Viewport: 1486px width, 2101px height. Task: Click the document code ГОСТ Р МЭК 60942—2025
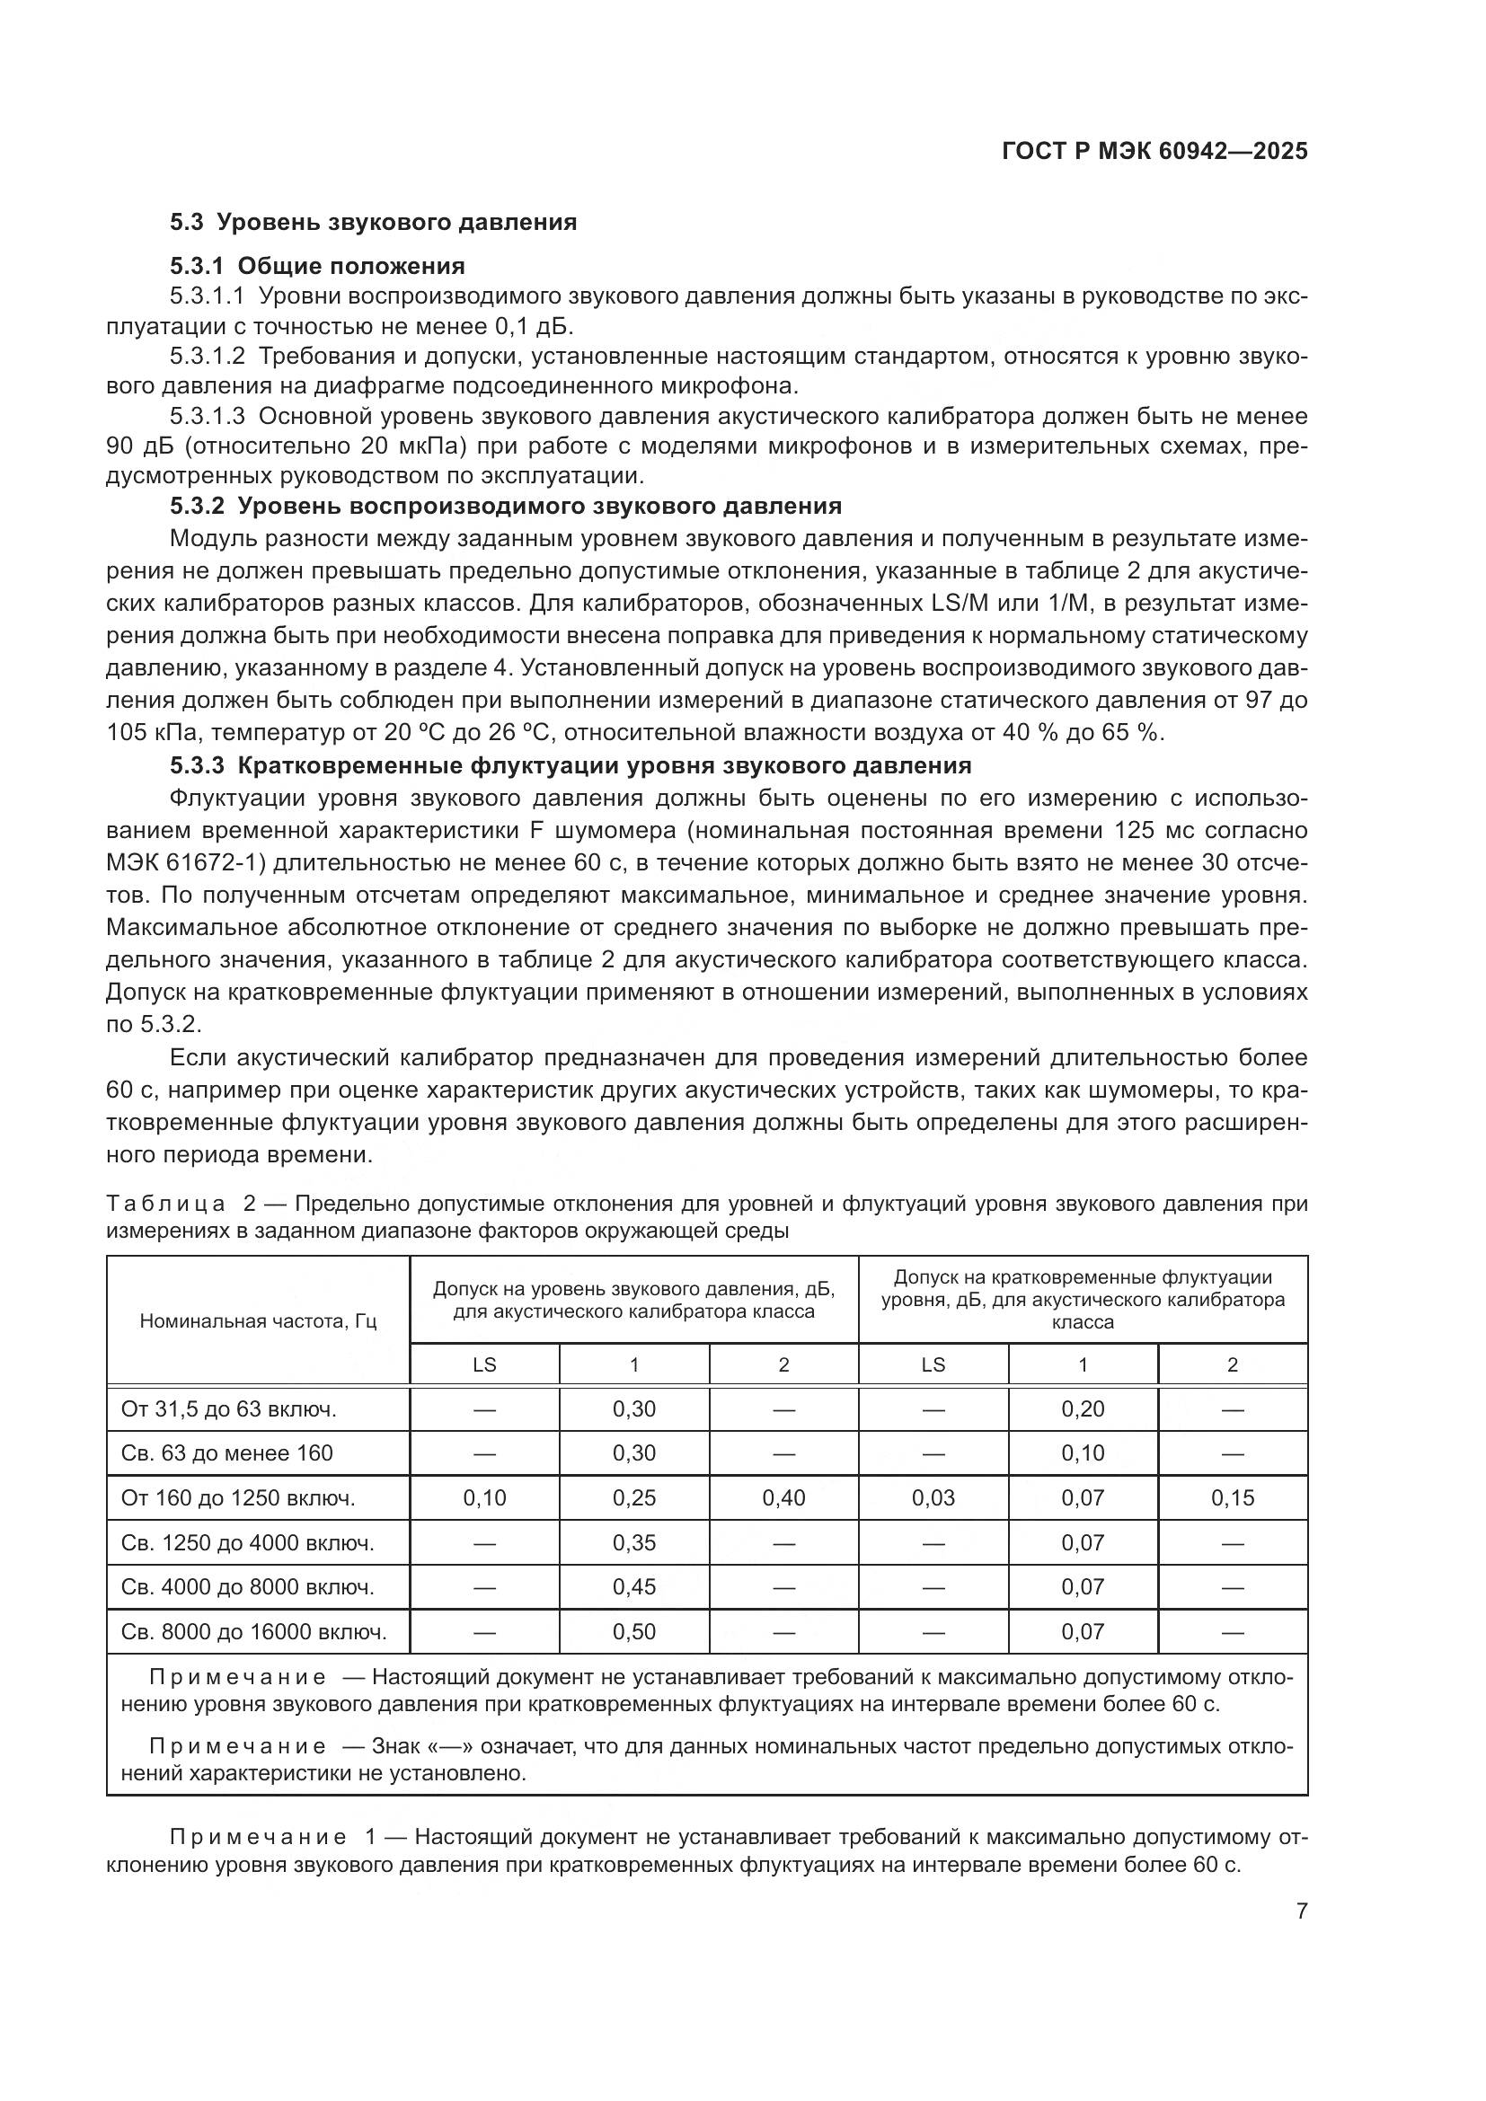click(1154, 152)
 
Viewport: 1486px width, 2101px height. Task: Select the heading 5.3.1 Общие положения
click(316, 266)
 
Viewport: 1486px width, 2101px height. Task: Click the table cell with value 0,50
click(634, 1631)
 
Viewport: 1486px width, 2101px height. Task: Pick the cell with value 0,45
click(634, 1586)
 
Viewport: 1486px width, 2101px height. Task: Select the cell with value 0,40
click(783, 1498)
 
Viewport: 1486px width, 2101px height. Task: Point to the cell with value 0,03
click(933, 1498)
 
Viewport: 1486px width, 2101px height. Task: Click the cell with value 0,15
click(1233, 1498)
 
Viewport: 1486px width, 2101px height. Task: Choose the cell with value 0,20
click(1083, 1409)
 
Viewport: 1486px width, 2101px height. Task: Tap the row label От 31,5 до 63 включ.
click(229, 1409)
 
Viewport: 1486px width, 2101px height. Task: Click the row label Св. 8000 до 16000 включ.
click(253, 1631)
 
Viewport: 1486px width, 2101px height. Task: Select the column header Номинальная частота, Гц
click(258, 1321)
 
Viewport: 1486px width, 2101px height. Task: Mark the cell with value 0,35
click(634, 1543)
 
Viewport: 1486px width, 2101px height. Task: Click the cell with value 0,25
click(634, 1498)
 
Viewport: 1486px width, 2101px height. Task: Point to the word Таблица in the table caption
click(165, 1204)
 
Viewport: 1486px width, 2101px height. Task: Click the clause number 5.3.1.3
click(207, 417)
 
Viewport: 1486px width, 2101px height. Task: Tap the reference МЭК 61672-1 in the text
click(181, 863)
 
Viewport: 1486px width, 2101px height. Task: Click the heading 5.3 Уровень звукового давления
click(373, 223)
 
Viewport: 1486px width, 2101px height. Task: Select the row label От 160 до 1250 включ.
click(238, 1498)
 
